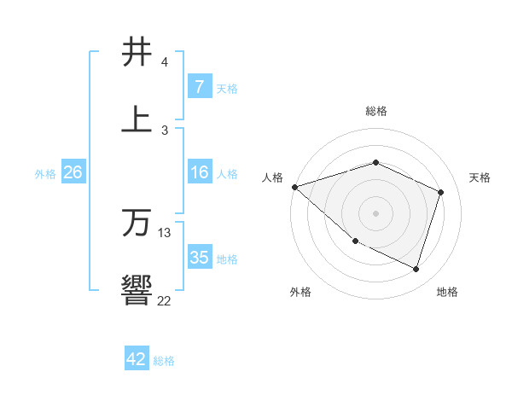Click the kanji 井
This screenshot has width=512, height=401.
point(137,52)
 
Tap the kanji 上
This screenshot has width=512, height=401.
point(137,118)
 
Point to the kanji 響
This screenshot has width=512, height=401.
point(137,290)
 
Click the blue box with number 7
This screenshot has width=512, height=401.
point(199,86)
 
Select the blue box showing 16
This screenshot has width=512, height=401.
point(199,172)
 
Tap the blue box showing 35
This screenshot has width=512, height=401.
point(199,258)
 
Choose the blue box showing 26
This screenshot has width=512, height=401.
point(73,172)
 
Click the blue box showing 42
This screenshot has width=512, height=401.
point(137,359)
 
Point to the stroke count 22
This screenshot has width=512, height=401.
point(164,300)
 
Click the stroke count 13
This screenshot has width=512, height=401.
point(165,232)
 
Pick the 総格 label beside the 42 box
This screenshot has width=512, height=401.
point(164,361)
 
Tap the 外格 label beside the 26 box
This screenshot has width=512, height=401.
point(45,173)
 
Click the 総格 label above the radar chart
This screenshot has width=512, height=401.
point(375,111)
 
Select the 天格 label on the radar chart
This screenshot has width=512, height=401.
point(480,177)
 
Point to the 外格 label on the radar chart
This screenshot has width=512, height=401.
point(300,292)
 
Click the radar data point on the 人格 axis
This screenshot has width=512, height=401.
point(294,187)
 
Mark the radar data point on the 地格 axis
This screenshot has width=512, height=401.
point(416,269)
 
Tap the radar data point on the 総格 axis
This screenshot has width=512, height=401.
point(375,162)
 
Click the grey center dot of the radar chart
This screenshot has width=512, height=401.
point(375,212)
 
